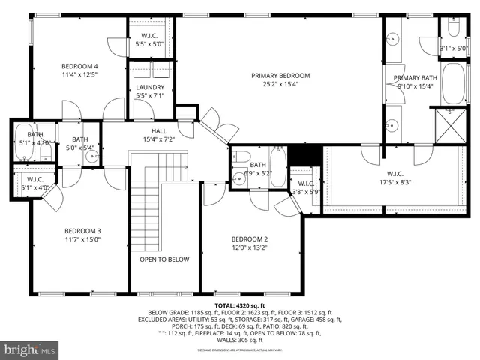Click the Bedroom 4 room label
click(80, 66)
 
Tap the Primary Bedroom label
click(280, 75)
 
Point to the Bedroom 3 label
click(82, 230)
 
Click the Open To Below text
click(164, 259)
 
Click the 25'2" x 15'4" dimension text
click(280, 84)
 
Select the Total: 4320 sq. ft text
click(240, 306)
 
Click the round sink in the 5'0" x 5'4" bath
click(92, 157)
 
